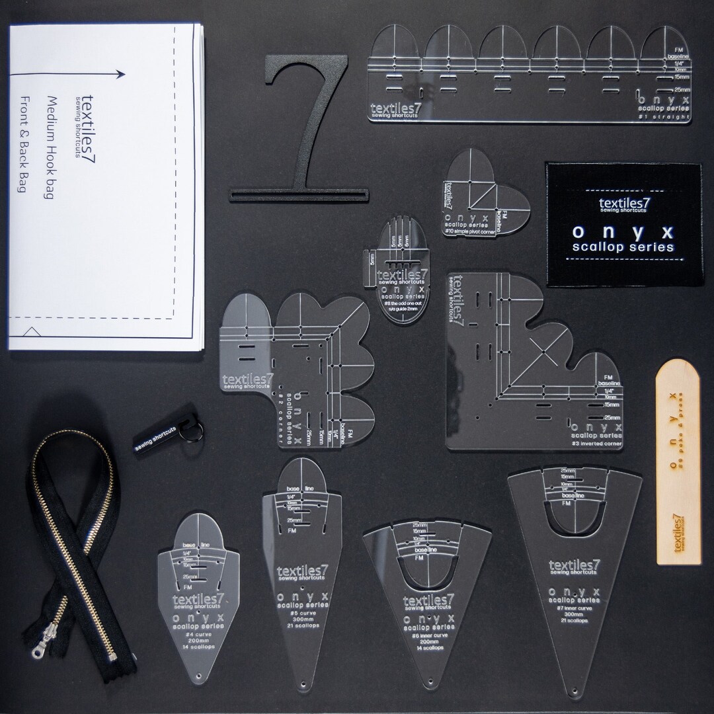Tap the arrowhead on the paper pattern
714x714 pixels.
point(123,74)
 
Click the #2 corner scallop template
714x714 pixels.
point(291,370)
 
